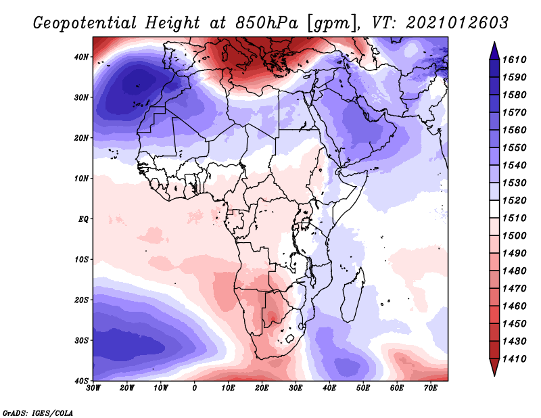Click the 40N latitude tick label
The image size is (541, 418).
81,57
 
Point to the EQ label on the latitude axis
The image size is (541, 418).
83,219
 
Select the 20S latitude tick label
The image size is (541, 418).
81,300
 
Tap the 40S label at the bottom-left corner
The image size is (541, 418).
81,381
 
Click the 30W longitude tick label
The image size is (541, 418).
93,388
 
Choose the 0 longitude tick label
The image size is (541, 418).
195,388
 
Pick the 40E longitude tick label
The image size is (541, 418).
329,388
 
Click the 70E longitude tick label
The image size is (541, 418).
430,388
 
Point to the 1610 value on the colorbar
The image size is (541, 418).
514,60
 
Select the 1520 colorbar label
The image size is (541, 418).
514,200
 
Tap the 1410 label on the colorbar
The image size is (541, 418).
514,359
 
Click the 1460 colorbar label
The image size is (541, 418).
514,306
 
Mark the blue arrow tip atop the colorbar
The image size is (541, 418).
494,43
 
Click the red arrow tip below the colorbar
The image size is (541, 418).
494,375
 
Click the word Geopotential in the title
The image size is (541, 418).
85,24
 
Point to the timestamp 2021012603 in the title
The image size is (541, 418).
457,23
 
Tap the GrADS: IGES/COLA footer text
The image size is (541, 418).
38,413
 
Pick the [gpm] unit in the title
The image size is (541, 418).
333,24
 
